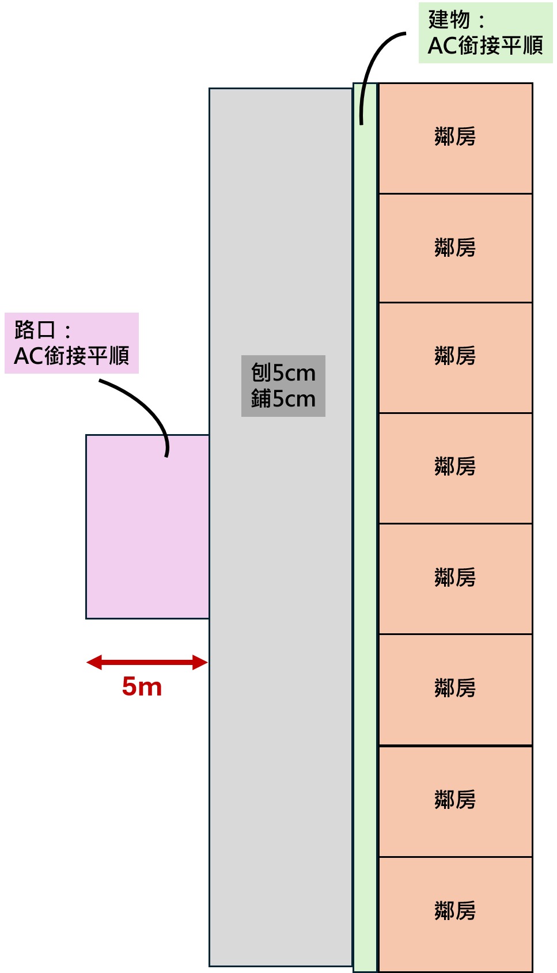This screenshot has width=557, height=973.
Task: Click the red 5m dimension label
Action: (x=142, y=687)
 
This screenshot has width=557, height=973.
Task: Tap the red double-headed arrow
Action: (x=147, y=663)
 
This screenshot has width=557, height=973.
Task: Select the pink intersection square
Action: (x=147, y=526)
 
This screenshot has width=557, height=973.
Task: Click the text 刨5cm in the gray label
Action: (x=283, y=373)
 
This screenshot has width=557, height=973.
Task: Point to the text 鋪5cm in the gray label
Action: (x=283, y=399)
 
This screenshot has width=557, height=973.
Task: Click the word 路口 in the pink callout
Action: (x=35, y=330)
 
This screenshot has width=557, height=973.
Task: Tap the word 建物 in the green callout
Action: (x=449, y=20)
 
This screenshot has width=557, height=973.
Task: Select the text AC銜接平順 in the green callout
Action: (x=486, y=45)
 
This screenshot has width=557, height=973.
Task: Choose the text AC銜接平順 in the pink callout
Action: (x=71, y=356)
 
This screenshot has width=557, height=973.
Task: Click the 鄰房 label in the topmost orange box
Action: (x=455, y=136)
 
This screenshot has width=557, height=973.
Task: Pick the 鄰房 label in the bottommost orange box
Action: (x=455, y=910)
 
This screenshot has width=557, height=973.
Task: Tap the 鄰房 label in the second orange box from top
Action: (x=455, y=248)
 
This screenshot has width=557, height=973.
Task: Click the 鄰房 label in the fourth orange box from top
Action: (x=455, y=466)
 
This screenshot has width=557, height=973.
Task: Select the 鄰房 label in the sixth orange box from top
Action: (x=455, y=688)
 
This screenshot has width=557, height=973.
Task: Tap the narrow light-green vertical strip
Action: (x=365, y=526)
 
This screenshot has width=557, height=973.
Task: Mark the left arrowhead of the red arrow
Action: (x=94, y=663)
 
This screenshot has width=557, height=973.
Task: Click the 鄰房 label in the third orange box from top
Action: (x=455, y=356)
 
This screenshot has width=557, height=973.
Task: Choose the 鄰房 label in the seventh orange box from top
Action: (x=455, y=800)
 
